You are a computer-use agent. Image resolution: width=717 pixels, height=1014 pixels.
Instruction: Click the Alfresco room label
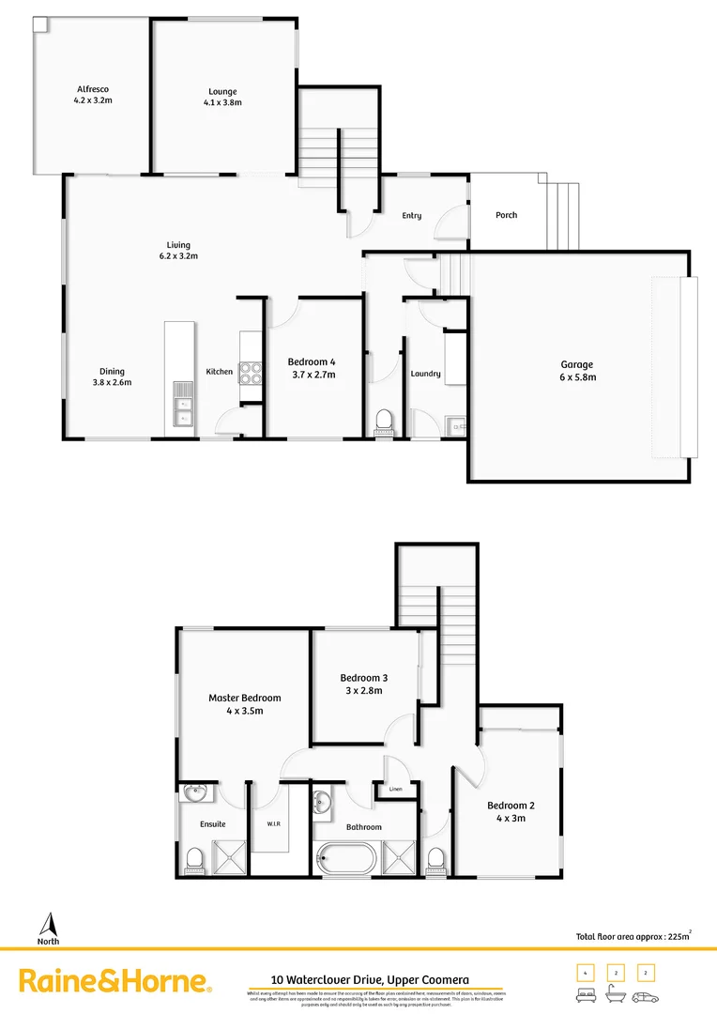(x=93, y=89)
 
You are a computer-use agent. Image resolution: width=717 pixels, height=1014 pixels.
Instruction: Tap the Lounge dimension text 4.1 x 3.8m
(x=222, y=102)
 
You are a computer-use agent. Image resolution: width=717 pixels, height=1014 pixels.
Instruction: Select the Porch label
(x=506, y=215)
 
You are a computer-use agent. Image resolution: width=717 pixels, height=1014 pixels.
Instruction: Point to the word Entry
(x=411, y=216)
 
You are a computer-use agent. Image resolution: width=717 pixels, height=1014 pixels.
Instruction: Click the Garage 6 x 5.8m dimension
(x=577, y=377)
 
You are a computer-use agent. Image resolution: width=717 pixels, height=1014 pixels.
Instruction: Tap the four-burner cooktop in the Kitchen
(x=251, y=373)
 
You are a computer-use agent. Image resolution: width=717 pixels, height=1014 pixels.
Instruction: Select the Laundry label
(x=425, y=374)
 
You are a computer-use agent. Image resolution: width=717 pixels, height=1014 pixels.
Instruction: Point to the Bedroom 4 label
(x=312, y=362)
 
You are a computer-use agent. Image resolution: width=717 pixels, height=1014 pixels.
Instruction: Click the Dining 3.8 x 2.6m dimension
(x=112, y=382)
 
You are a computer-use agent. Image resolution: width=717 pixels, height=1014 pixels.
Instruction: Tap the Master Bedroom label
(x=244, y=698)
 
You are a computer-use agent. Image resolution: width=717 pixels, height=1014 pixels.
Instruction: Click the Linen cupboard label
(x=395, y=789)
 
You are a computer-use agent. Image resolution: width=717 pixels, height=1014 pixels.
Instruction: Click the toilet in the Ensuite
(x=195, y=858)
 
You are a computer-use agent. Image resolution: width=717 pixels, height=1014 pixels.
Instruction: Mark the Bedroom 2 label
(x=511, y=806)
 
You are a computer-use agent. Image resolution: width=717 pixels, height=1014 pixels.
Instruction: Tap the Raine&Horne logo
(x=114, y=982)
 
